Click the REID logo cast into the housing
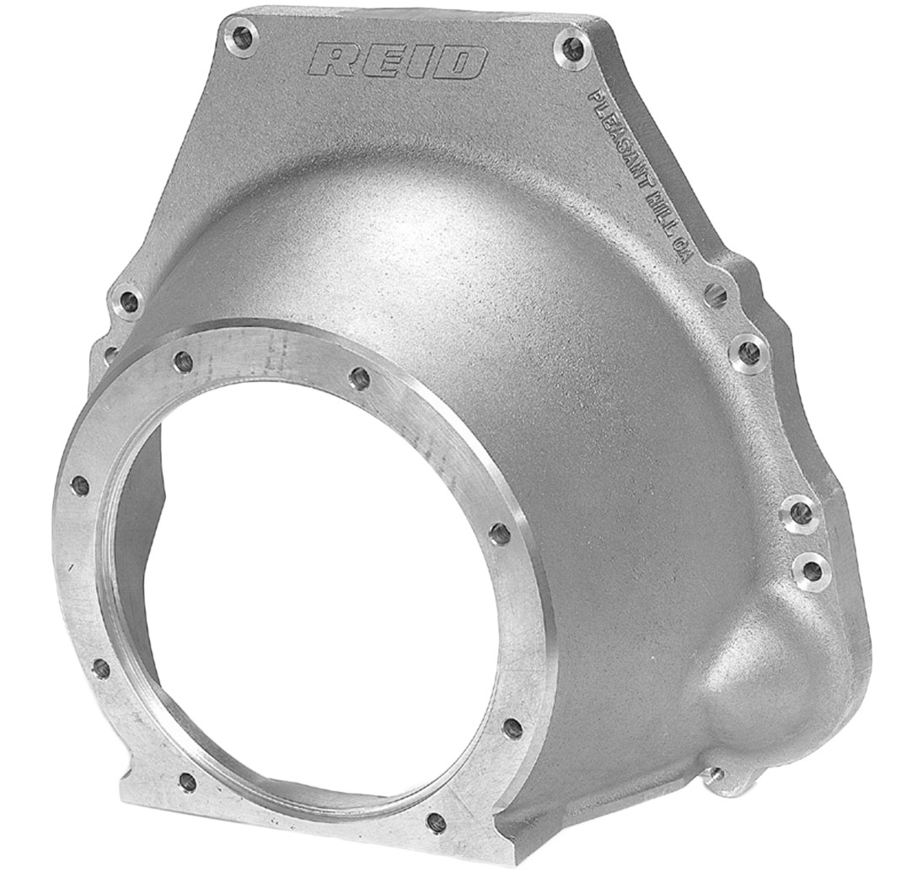399,61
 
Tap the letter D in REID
462,62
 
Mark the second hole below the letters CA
747,352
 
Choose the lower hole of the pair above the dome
812,571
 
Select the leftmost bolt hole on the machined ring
81,485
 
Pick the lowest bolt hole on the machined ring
436,822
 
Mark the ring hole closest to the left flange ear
184,362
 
